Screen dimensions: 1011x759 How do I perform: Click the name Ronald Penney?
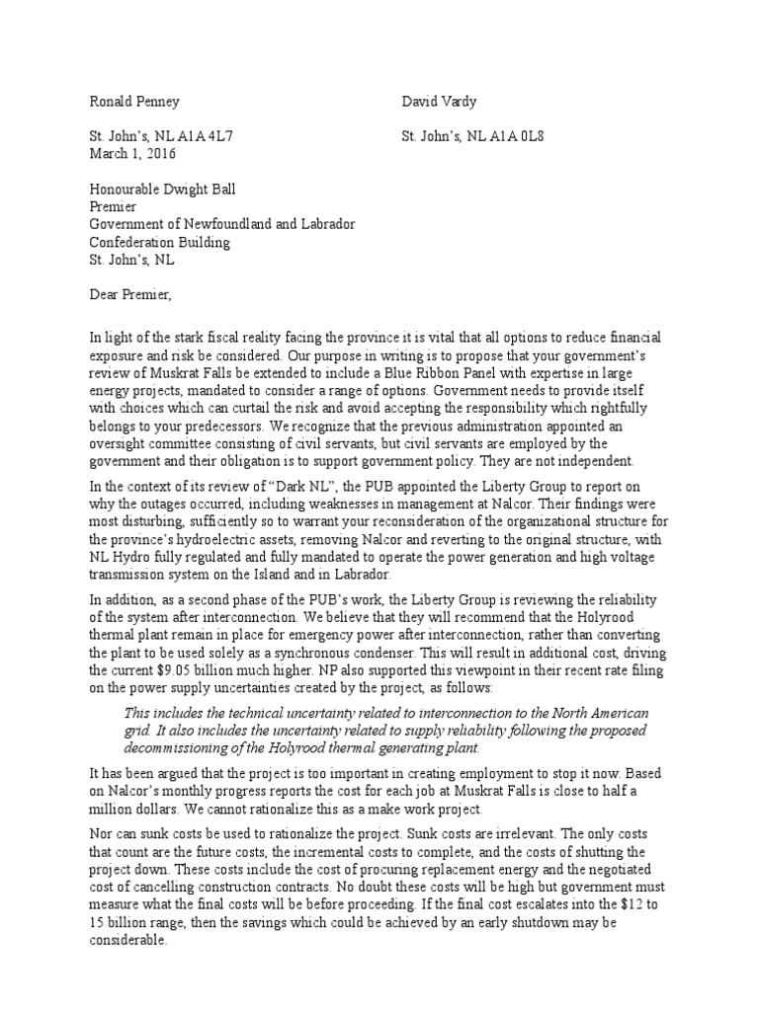(x=133, y=102)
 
